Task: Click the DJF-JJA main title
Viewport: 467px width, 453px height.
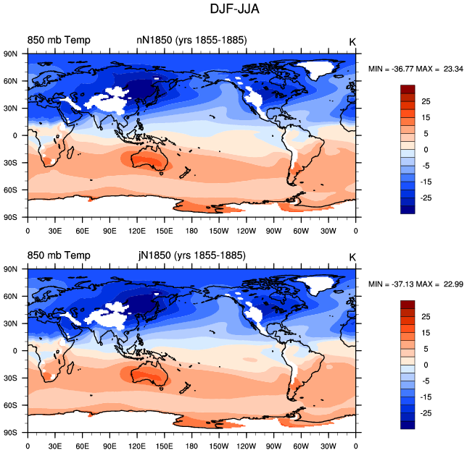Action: (234, 9)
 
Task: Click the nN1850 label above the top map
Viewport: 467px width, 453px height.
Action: (154, 40)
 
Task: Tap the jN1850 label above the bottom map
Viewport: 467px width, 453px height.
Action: (155, 255)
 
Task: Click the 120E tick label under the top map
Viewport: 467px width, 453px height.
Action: (137, 231)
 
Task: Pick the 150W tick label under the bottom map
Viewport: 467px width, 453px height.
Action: (219, 446)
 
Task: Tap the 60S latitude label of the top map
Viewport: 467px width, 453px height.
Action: (10, 190)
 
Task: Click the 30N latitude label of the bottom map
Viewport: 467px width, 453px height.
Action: (10, 323)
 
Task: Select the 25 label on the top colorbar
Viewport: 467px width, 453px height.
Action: (426, 101)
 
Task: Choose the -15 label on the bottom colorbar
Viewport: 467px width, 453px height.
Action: (426, 397)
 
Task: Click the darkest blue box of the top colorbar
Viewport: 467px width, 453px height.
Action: (408, 210)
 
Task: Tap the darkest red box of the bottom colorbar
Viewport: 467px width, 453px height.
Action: (408, 305)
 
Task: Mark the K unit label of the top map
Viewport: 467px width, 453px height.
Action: (352, 42)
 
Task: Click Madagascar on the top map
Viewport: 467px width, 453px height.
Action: (70, 152)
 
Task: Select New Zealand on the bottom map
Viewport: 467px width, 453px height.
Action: (185, 388)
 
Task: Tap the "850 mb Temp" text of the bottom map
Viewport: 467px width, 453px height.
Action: (59, 255)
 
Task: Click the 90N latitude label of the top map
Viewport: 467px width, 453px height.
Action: (10, 54)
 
